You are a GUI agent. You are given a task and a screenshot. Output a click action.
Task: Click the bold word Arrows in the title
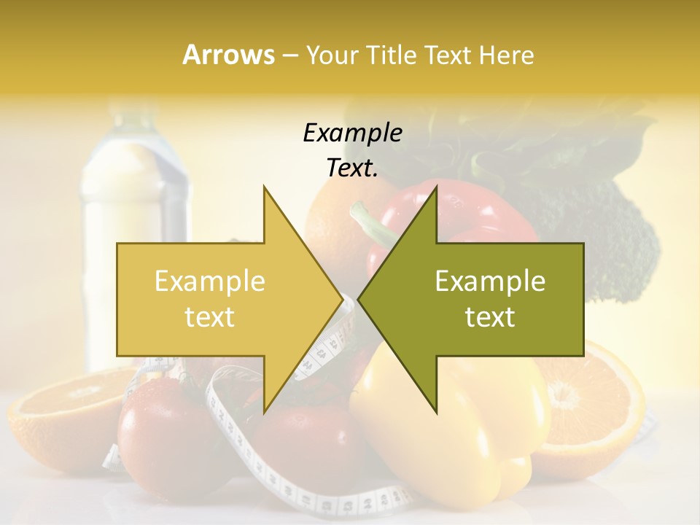(228, 55)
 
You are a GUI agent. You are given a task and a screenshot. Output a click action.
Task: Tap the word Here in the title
(507, 55)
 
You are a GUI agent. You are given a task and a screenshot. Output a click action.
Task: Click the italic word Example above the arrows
(352, 133)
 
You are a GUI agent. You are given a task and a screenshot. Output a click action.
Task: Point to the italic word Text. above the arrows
(352, 168)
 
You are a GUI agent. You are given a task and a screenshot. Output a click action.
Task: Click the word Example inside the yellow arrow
(210, 281)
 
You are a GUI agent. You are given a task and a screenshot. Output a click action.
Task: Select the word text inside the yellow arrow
(210, 317)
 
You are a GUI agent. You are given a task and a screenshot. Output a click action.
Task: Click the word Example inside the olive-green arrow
(490, 281)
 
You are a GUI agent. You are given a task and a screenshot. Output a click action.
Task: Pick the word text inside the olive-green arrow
(490, 317)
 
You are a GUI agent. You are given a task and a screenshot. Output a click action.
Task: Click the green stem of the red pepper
(372, 222)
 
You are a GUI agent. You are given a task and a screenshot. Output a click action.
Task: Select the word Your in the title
(331, 55)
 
